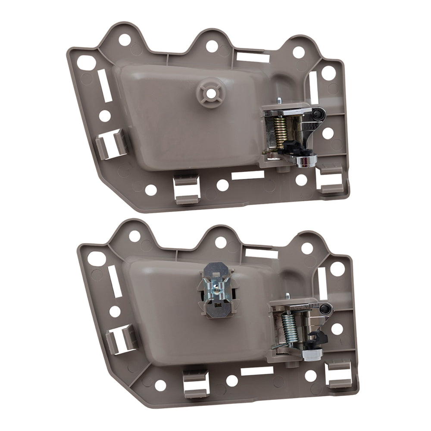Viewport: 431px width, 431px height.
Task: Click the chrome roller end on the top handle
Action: click(306, 161)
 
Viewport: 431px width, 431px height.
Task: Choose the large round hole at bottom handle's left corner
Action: click(96, 259)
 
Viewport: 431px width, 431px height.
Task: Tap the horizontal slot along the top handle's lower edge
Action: click(248, 175)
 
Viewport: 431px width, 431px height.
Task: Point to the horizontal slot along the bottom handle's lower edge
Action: click(257, 371)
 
